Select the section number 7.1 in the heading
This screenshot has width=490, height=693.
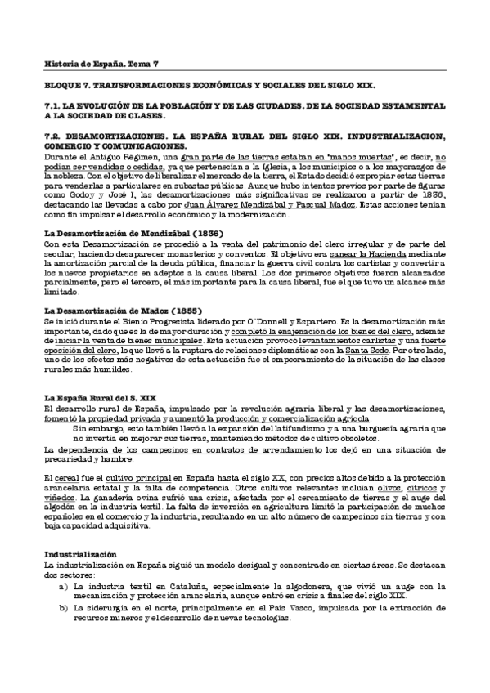[x=51, y=105]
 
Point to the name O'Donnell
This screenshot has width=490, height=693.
[x=283, y=324]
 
